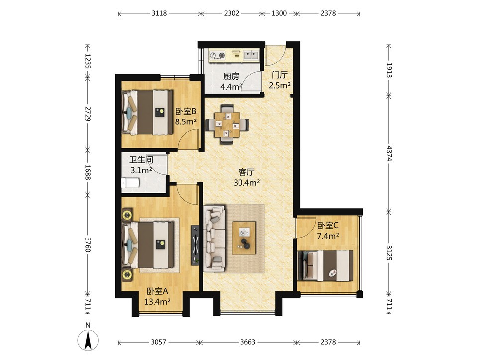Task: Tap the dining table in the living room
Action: pyautogui.click(x=227, y=124)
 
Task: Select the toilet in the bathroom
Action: pyautogui.click(x=130, y=183)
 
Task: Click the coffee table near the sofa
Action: pyautogui.click(x=244, y=238)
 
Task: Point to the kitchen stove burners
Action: pyautogui.click(x=217, y=55)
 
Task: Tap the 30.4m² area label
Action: pyautogui.click(x=246, y=183)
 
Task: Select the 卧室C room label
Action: pyautogui.click(x=328, y=226)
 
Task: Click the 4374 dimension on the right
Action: pyautogui.click(x=389, y=153)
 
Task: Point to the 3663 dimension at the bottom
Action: pyautogui.click(x=247, y=342)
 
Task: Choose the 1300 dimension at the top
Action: pyautogui.click(x=279, y=13)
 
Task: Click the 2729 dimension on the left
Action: pyautogui.click(x=88, y=114)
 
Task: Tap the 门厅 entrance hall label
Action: pyautogui.click(x=280, y=75)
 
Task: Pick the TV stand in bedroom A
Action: pyautogui.click(x=195, y=245)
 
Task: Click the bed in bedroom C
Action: pyautogui.click(x=325, y=265)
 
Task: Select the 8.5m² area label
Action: pyautogui.click(x=186, y=122)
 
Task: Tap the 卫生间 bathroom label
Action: pyautogui.click(x=141, y=160)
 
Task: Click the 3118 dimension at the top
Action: pyautogui.click(x=159, y=13)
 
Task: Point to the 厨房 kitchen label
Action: pyautogui.click(x=231, y=76)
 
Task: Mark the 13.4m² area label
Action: pyautogui.click(x=157, y=302)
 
